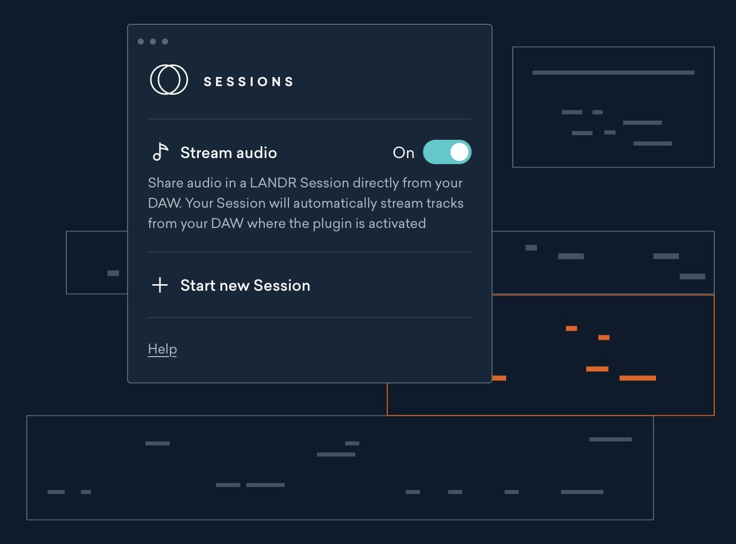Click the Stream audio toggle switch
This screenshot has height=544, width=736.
[x=447, y=152]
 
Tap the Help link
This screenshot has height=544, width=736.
[x=162, y=349]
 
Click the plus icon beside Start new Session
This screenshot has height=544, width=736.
[x=160, y=285]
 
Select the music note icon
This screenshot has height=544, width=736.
[x=160, y=152]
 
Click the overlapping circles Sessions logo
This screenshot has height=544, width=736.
[x=169, y=80]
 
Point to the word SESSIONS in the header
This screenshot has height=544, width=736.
[x=249, y=82]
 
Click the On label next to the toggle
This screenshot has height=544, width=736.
[x=403, y=153]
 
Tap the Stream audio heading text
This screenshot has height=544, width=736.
[x=229, y=153]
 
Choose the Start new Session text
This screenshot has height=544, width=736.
[x=245, y=285]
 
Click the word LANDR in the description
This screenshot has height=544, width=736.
[x=273, y=183]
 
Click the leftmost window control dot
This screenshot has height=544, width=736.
[x=141, y=42]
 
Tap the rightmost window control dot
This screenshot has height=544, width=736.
[x=165, y=42]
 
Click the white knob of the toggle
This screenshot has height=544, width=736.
[x=459, y=152]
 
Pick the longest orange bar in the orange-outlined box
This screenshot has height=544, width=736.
[x=638, y=378]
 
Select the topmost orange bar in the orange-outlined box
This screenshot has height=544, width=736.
[x=571, y=328]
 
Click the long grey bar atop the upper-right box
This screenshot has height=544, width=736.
[x=613, y=72]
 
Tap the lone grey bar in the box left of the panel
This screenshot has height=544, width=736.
[x=113, y=273]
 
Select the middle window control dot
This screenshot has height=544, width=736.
[x=153, y=42]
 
